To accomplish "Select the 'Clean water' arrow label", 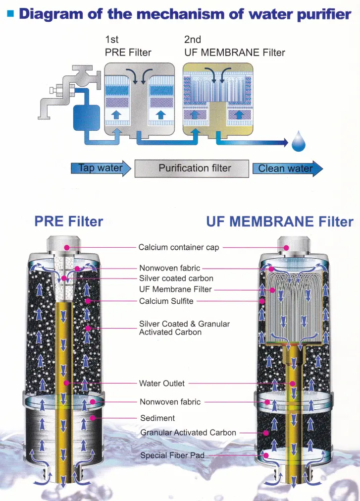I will pyautogui.click(x=286, y=168).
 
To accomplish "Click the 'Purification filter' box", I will pyautogui.click(x=194, y=168).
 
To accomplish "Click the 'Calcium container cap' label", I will pyautogui.click(x=178, y=247).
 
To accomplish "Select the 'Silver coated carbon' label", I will pyautogui.click(x=176, y=278).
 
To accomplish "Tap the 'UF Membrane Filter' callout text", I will pyautogui.click(x=175, y=289).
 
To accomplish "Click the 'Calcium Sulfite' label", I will pyautogui.click(x=166, y=300).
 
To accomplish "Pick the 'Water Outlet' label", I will pyautogui.click(x=161, y=383).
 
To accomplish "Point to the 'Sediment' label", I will pyautogui.click(x=157, y=418).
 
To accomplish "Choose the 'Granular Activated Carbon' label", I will pyautogui.click(x=188, y=432).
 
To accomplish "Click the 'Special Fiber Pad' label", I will pyautogui.click(x=172, y=455).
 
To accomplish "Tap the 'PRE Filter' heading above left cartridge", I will pyautogui.click(x=68, y=222).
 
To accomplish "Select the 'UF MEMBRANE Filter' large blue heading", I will pyautogui.click(x=280, y=222).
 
